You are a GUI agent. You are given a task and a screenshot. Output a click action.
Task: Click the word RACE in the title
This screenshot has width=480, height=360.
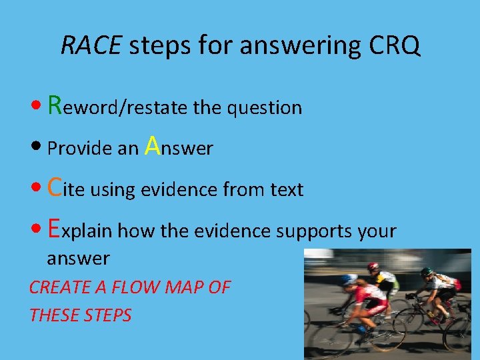[91, 45]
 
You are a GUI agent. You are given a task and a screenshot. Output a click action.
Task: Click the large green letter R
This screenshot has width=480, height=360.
[56, 105]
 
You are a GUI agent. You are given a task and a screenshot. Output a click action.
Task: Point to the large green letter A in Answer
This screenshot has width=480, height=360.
[152, 145]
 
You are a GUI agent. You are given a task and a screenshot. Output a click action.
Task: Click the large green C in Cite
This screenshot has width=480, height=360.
[56, 188]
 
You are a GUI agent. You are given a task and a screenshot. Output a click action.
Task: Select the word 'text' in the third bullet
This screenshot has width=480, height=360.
[287, 190]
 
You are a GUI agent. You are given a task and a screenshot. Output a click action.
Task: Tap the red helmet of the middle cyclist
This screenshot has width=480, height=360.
[373, 267]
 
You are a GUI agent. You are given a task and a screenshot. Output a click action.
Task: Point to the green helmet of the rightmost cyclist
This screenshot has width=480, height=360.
[427, 272]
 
